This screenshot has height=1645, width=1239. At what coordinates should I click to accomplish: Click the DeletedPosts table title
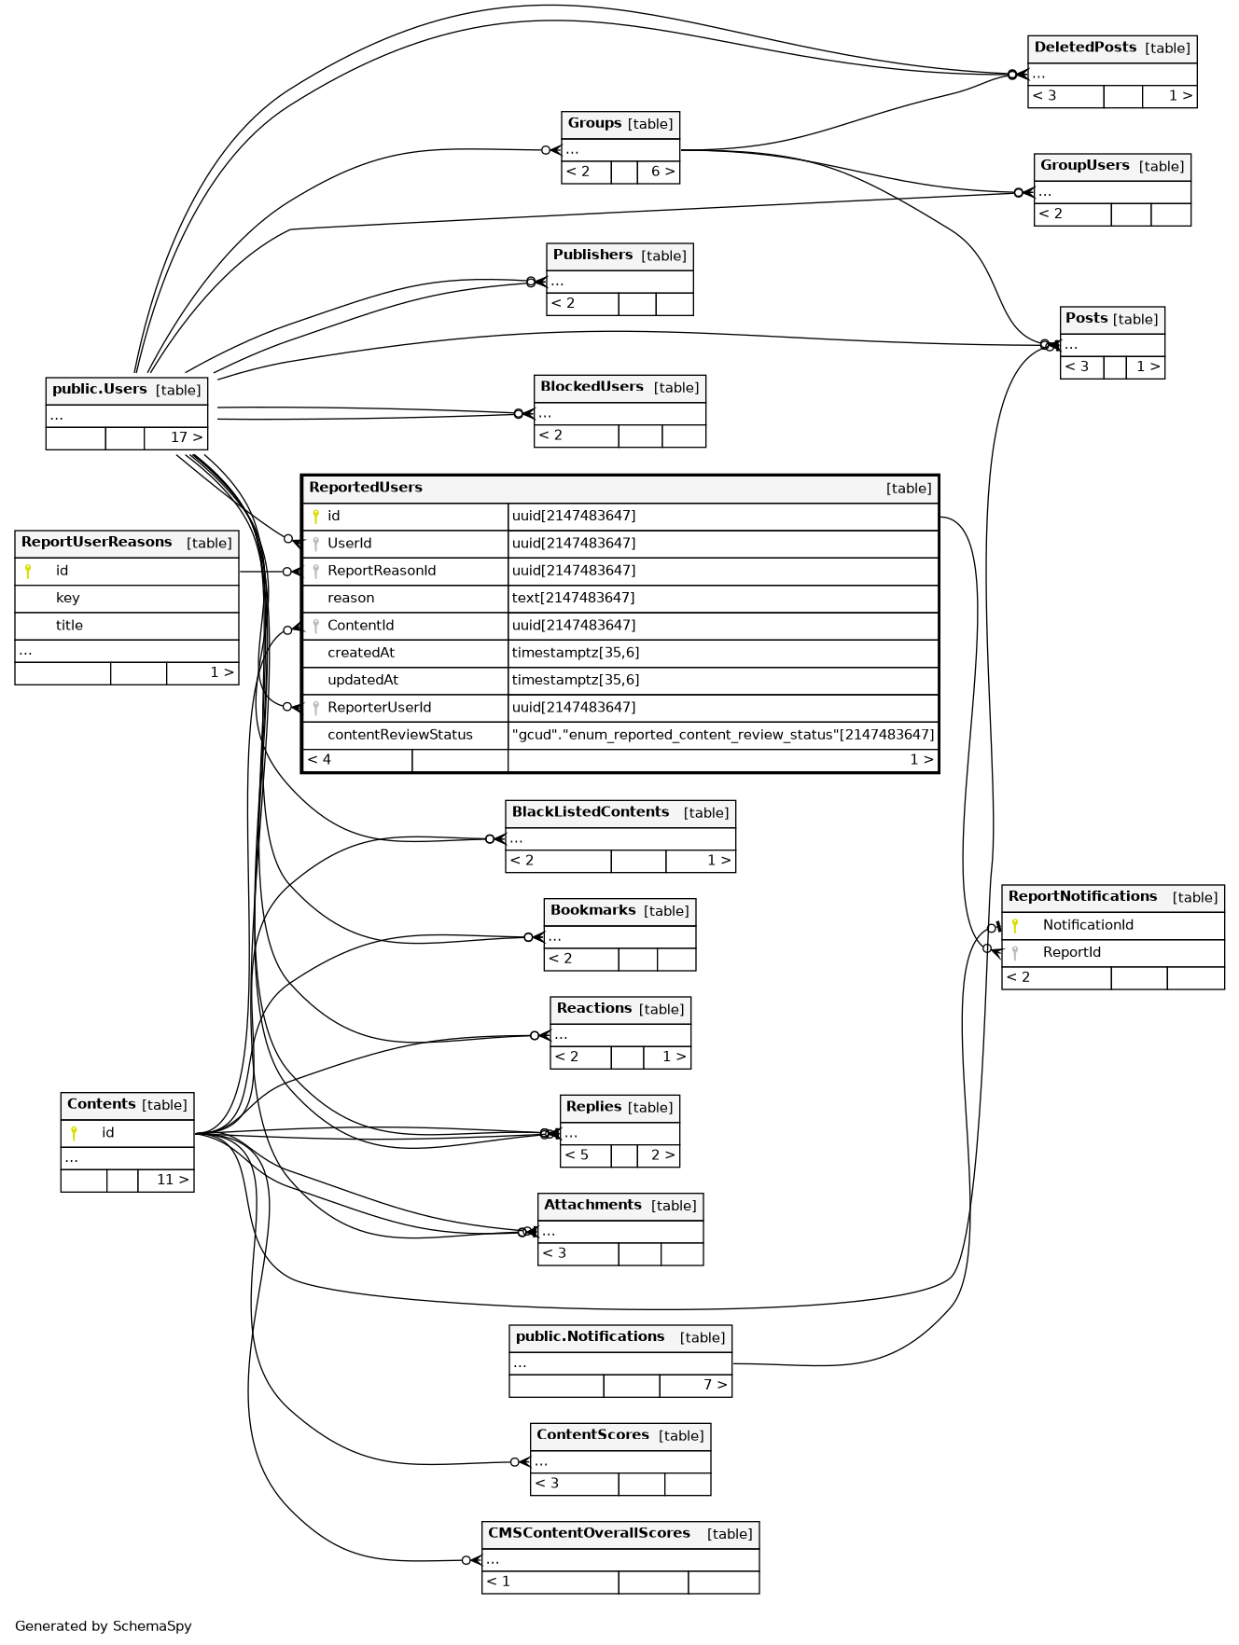click(1085, 48)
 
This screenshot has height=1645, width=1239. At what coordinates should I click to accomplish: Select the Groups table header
click(594, 123)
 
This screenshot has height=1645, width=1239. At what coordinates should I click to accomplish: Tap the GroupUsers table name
click(1084, 166)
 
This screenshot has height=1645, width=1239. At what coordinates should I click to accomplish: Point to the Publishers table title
click(592, 255)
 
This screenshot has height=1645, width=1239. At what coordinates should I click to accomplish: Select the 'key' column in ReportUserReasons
click(67, 598)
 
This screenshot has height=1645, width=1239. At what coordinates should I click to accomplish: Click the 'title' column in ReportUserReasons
click(69, 625)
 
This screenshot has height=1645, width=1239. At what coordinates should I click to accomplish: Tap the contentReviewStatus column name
click(399, 735)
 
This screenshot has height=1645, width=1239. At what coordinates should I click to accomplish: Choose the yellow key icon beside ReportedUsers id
click(315, 516)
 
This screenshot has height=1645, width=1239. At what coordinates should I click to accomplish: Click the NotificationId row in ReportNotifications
click(1088, 925)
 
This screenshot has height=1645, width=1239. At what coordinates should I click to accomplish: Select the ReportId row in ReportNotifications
click(1071, 952)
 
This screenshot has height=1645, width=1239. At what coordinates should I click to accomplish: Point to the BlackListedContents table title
click(591, 812)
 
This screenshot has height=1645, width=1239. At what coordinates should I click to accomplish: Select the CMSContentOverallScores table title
click(589, 1533)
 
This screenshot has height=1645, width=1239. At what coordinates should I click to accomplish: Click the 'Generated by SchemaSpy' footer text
click(104, 1625)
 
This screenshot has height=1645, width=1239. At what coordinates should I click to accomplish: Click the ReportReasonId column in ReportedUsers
click(381, 571)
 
